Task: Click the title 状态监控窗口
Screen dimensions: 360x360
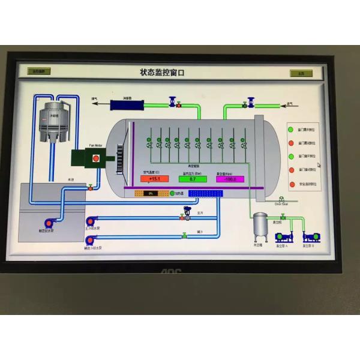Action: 162,72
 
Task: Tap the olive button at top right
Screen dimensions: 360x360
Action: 301,73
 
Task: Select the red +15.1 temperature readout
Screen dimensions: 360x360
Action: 154,179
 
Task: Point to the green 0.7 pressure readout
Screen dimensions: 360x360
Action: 192,179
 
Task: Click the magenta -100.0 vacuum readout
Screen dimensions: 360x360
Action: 230,179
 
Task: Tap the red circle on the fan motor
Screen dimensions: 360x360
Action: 95,158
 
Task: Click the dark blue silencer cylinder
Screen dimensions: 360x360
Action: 127,104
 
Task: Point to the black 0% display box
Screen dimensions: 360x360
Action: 148,193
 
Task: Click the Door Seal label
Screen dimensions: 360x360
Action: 282,204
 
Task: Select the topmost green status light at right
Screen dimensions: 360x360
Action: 290,130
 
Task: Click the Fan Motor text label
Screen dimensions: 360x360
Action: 96,145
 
